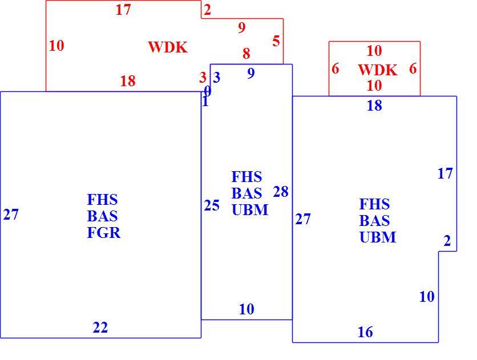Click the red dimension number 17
pyautogui.click(x=123, y=10)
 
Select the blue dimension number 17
pyautogui.click(x=445, y=173)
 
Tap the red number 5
pyautogui.click(x=276, y=41)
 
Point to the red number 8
pyautogui.click(x=246, y=54)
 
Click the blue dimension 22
pyautogui.click(x=100, y=327)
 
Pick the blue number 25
pyautogui.click(x=212, y=205)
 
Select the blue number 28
pyautogui.click(x=281, y=192)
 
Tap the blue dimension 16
pyautogui.click(x=365, y=332)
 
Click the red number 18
pyautogui.click(x=128, y=81)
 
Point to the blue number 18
pyautogui.click(x=374, y=106)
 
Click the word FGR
pyautogui.click(x=104, y=233)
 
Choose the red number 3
pyautogui.click(x=203, y=78)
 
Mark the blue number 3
pyautogui.click(x=217, y=78)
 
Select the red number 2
pyautogui.click(x=208, y=10)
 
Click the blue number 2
pyautogui.click(x=447, y=241)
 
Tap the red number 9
pyautogui.click(x=242, y=28)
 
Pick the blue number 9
pyautogui.click(x=251, y=73)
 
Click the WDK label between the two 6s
pyautogui.click(x=378, y=70)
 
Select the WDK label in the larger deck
pyautogui.click(x=168, y=47)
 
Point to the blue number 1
pyautogui.click(x=205, y=102)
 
